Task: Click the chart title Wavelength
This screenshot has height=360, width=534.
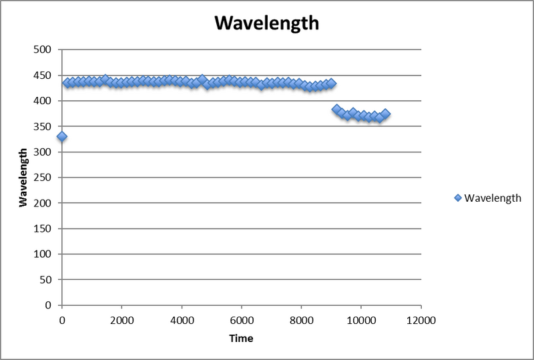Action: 266,23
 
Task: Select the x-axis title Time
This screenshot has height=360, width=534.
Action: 241,338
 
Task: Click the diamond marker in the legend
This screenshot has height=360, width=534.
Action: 457,198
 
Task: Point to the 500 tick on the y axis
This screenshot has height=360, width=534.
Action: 47,49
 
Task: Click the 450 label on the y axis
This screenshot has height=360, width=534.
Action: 47,75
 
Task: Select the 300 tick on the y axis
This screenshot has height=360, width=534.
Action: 47,152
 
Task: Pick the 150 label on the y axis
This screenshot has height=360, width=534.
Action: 47,228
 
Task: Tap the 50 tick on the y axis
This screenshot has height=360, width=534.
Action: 50,280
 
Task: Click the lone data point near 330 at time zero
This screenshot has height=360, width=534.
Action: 62,136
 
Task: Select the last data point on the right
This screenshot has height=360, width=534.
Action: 385,114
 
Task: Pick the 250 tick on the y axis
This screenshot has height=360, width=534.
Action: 47,178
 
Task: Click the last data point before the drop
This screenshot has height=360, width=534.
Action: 331,83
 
